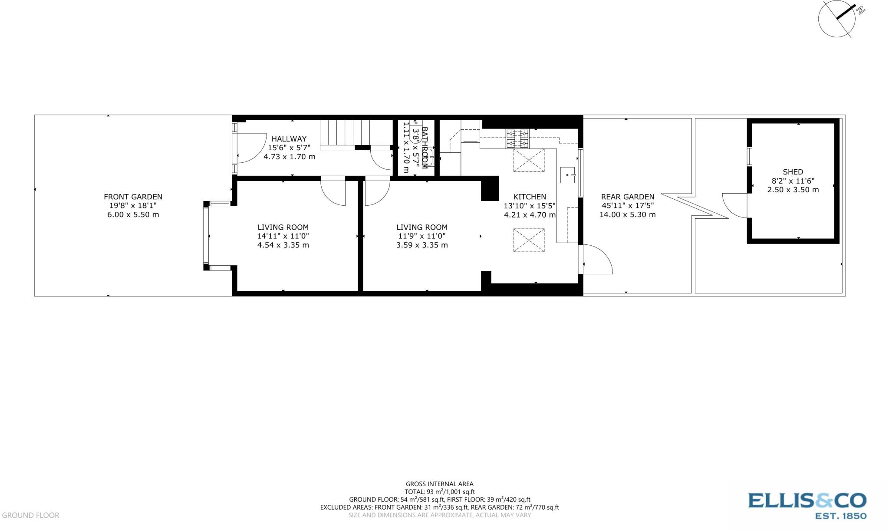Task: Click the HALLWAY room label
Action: [289, 139]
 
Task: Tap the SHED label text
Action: [793, 172]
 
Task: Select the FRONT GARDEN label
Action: [133, 197]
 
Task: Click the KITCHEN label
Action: [529, 197]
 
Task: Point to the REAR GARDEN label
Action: [627, 197]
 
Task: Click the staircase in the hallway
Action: [345, 133]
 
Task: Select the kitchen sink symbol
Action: [567, 175]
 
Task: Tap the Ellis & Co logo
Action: [807, 505]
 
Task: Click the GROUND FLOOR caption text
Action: [30, 515]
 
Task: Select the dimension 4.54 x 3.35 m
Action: [283, 245]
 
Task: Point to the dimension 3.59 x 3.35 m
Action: [421, 245]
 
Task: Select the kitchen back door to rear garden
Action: [597, 260]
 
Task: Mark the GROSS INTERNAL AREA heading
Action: [439, 484]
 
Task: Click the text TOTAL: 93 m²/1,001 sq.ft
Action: [439, 491]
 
